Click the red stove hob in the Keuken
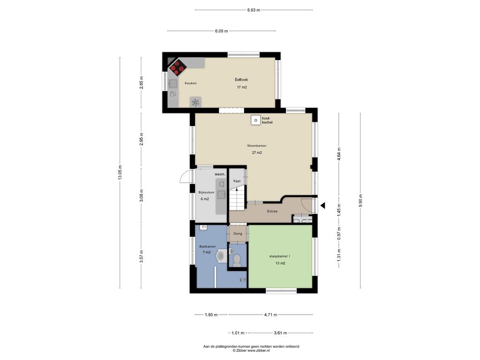177,67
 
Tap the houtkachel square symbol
255,120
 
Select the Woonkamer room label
257,146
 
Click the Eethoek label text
241,80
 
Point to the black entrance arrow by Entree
322,206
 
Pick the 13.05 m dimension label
120,172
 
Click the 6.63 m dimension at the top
254,10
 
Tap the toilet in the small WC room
237,260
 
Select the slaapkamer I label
280,256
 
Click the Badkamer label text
208,247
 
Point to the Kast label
237,181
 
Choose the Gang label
238,233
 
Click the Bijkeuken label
206,193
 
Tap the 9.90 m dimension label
360,201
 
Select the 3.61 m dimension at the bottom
280,333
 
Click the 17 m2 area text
242,87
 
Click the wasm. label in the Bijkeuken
220,174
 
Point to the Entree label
272,211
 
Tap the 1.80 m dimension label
211,315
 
